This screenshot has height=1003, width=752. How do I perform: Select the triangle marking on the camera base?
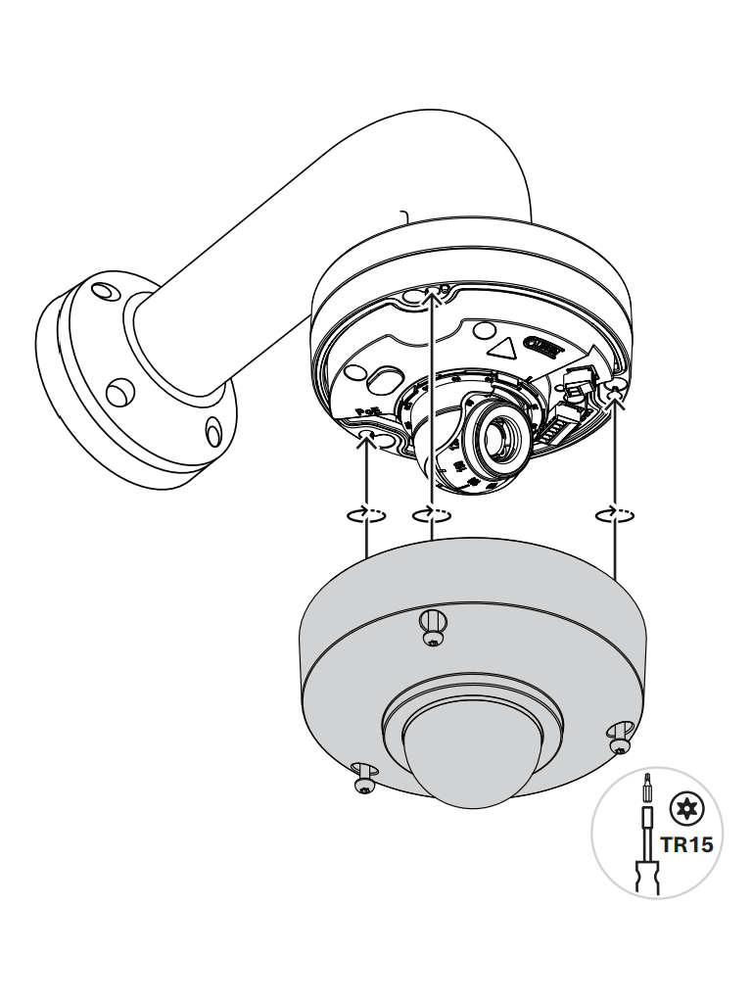506,348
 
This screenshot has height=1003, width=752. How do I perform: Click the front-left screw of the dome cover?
364,778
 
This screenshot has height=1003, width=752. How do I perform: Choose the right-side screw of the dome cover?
619,740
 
